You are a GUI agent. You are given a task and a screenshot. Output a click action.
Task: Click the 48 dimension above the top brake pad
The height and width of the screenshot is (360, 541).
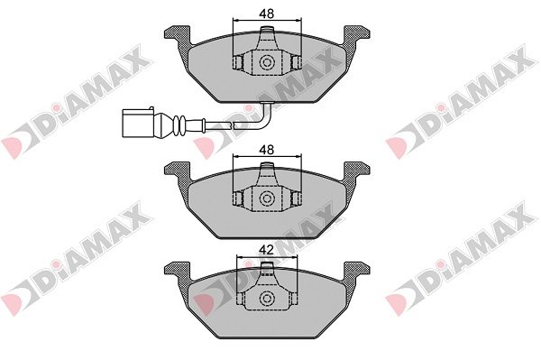(267, 14)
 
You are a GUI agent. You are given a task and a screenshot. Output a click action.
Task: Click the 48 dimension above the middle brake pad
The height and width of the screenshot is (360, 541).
(267, 150)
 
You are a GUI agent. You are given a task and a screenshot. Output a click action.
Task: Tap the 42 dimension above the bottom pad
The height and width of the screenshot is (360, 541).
(267, 250)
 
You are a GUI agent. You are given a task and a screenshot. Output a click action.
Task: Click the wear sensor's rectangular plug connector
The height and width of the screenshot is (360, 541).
(138, 123)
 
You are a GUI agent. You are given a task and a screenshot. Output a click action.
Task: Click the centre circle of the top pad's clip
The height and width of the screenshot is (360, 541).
(266, 63)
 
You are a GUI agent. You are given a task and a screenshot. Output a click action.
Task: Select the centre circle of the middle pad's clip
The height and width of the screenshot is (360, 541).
(266, 198)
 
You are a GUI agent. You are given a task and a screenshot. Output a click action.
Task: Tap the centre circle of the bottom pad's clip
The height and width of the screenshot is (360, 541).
(266, 298)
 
